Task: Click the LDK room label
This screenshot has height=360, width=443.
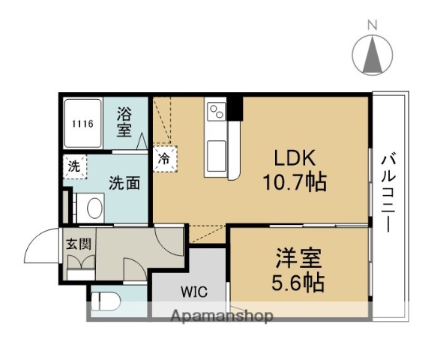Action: [x=295, y=159]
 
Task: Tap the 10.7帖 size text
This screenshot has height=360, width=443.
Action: [x=295, y=181]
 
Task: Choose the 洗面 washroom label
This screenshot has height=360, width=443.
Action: [x=124, y=181]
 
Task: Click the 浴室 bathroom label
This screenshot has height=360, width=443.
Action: [x=124, y=122]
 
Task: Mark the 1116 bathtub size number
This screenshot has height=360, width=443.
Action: [x=82, y=124]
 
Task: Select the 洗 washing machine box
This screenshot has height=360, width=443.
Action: [x=74, y=166]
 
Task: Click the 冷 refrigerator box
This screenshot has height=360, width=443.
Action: [x=163, y=158]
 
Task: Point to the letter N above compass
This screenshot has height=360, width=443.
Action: [x=372, y=25]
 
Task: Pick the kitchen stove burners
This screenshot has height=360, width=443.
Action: [x=216, y=112]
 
